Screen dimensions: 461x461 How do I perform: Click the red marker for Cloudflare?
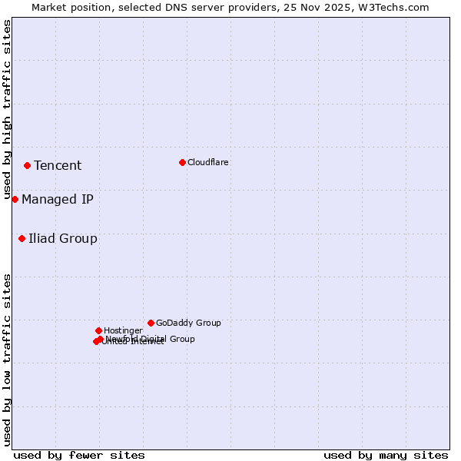[x=182, y=162]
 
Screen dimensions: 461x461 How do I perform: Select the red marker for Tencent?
[x=27, y=165]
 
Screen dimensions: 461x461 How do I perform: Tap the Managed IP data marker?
[x=15, y=199]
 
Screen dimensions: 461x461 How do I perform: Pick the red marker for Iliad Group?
[x=22, y=238]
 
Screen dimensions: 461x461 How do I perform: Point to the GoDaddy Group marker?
[x=151, y=323]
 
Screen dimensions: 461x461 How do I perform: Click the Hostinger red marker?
[x=98, y=330]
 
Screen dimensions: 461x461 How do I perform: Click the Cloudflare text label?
[x=207, y=162]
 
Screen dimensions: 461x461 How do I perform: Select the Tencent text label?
[x=58, y=165]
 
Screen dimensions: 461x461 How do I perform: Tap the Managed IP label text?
[x=58, y=199]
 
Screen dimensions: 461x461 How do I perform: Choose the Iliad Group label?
[x=63, y=238]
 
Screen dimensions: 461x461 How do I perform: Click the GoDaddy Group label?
[x=188, y=323]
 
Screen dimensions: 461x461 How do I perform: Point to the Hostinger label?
[x=123, y=330]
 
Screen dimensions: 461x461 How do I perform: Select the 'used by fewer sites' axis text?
[x=79, y=455]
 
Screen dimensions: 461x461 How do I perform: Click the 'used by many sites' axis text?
[x=386, y=455]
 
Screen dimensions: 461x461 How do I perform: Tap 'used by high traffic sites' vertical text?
[x=7, y=110]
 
